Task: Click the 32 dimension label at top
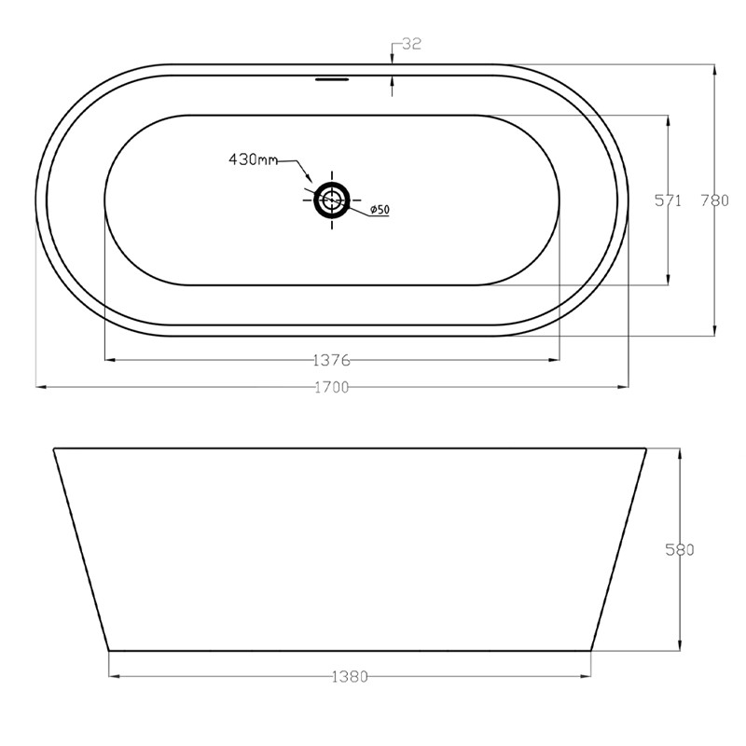411,44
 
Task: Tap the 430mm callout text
254,159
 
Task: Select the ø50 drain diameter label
379,210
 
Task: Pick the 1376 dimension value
331,360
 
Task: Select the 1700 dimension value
331,387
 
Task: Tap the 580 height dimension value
680,549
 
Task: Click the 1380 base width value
351,676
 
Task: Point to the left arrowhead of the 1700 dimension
39,385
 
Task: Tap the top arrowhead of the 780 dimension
714,68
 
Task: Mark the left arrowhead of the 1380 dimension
113,675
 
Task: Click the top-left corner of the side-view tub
54,449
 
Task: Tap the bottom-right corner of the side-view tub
591,649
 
